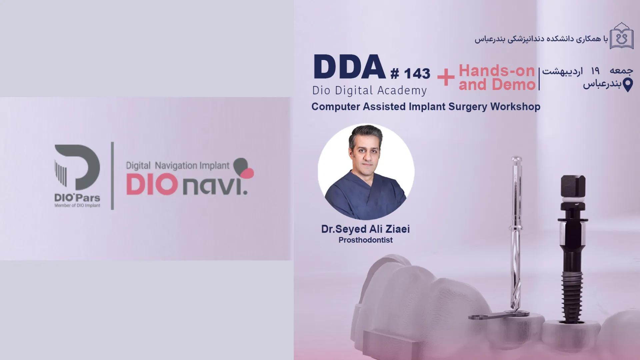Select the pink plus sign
446,78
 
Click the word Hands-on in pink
497,71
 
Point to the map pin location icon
628,85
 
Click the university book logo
622,36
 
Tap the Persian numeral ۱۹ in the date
595,71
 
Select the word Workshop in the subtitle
515,107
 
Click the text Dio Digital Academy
369,91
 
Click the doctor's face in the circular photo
366,154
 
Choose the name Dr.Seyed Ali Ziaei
365,229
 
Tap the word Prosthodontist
365,240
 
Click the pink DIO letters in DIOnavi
152,185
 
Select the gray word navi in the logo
215,186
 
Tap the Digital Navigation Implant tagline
178,166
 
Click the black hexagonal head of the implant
573,186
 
